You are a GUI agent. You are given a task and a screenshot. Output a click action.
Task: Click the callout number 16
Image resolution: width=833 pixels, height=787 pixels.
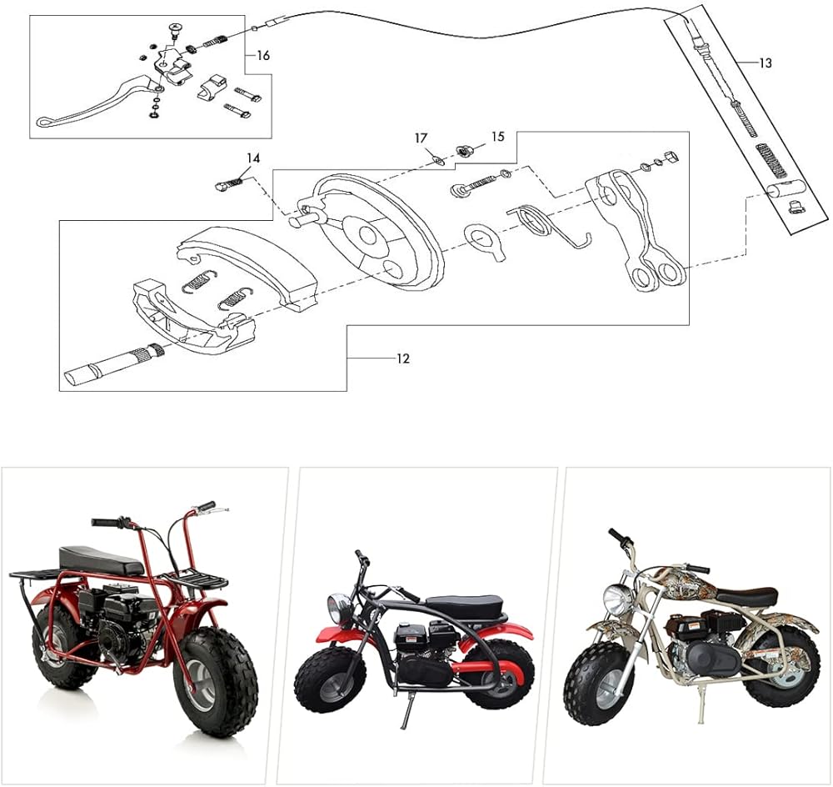pos(262,56)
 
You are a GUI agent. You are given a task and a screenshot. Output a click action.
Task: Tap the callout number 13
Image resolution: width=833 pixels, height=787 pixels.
pos(766,63)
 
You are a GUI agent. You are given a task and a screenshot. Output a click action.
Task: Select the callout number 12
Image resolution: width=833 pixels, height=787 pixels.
pos(402,358)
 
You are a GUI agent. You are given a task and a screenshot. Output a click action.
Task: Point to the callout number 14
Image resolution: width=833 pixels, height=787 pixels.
pos(253,157)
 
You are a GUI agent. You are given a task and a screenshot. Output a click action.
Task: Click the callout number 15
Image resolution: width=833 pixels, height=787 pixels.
pos(497,136)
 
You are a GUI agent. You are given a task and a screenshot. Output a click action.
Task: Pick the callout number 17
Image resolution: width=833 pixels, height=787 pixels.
pos(421,138)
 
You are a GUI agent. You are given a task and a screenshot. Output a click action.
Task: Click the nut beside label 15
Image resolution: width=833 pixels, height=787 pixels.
pos(465,151)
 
